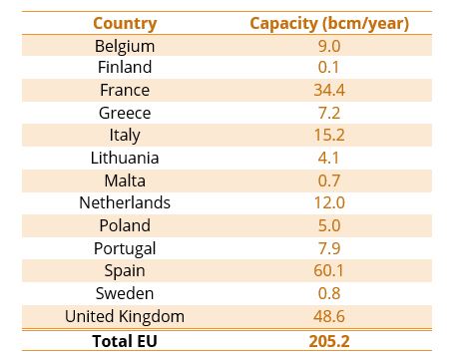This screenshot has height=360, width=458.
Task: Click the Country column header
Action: tap(125, 23)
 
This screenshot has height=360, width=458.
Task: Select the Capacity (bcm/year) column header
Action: tap(329, 23)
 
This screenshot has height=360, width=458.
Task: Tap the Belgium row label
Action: tap(125, 46)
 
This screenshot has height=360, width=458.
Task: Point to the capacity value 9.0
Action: tap(329, 46)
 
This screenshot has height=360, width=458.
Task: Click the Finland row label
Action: tap(125, 68)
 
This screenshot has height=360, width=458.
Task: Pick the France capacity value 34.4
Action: tap(329, 91)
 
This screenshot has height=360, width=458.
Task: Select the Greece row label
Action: tap(125, 113)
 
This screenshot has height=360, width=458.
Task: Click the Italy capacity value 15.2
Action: tap(329, 136)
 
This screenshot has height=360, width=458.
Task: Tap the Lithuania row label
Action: tap(125, 158)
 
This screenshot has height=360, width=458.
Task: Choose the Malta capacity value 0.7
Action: tap(329, 180)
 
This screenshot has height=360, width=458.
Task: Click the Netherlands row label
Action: tap(125, 202)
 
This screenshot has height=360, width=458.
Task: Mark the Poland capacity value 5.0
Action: tap(329, 225)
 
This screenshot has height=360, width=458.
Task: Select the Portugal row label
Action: tap(125, 248)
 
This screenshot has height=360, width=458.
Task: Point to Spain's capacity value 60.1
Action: tap(329, 270)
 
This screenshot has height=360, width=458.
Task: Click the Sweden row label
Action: tap(125, 293)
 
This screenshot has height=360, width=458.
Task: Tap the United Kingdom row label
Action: tap(125, 316)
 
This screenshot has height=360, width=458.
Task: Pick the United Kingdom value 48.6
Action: tap(329, 316)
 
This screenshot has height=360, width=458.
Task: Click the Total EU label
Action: tap(125, 339)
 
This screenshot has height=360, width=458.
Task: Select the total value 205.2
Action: tap(329, 339)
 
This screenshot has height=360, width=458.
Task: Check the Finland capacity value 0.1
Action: tap(329, 68)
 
